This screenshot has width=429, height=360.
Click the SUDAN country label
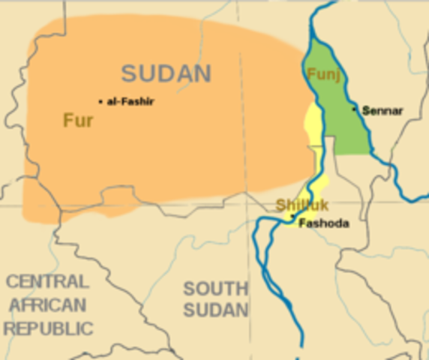point(166,73)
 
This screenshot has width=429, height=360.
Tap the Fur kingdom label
point(78,120)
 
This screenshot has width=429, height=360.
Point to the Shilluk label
point(297,205)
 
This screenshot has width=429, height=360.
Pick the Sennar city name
point(382,111)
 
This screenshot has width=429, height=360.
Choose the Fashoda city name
point(323,223)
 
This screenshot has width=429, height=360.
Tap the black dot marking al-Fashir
point(100,101)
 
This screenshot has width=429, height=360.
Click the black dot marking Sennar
point(355,109)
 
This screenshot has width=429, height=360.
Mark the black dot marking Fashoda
point(292,217)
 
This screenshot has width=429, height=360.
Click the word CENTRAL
point(46,282)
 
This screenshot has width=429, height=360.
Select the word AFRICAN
point(46,305)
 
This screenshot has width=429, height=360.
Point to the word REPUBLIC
point(48,328)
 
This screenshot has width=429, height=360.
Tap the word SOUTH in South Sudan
point(215,288)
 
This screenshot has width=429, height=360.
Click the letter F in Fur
point(67,120)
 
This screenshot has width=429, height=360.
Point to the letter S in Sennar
point(365,111)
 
